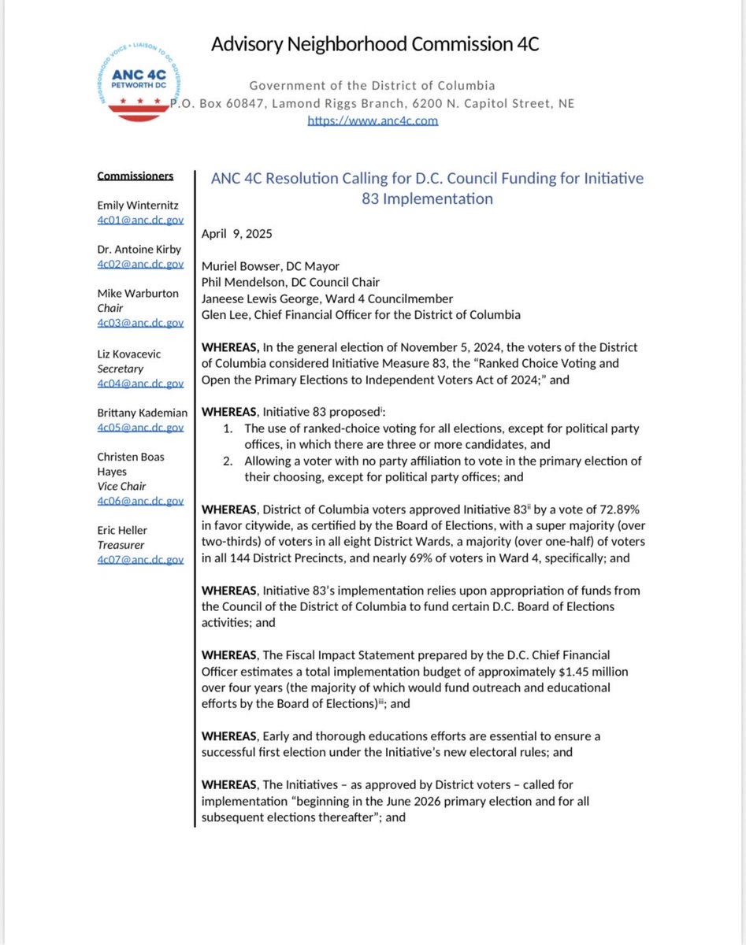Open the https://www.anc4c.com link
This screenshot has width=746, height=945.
372,120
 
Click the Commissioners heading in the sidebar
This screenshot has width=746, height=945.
135,176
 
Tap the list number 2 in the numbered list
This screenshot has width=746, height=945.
227,461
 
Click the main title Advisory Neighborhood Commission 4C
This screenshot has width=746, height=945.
374,44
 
